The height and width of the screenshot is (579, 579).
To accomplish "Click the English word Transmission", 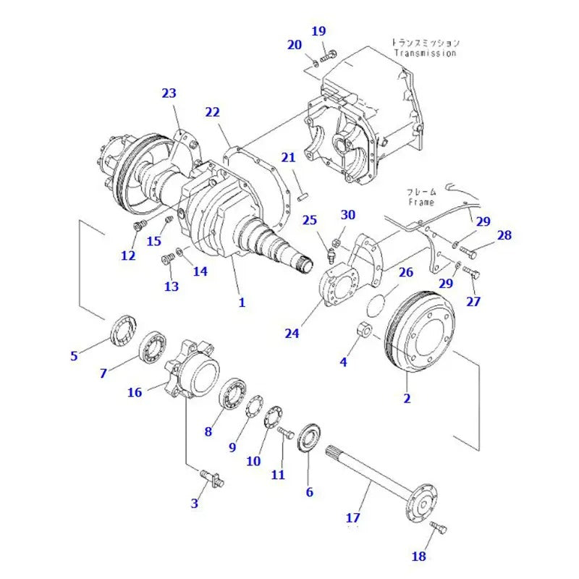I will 426,54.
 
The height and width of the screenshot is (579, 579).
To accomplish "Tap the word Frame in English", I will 420,203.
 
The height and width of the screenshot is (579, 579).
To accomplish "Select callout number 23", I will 169,93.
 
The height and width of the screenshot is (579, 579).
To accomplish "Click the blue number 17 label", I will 352,517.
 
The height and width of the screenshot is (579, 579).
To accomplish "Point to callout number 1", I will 242,303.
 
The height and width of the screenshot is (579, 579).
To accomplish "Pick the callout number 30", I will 348,214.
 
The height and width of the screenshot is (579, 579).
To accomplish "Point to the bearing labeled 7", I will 153,347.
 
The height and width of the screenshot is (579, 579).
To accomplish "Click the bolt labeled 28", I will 468,253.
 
